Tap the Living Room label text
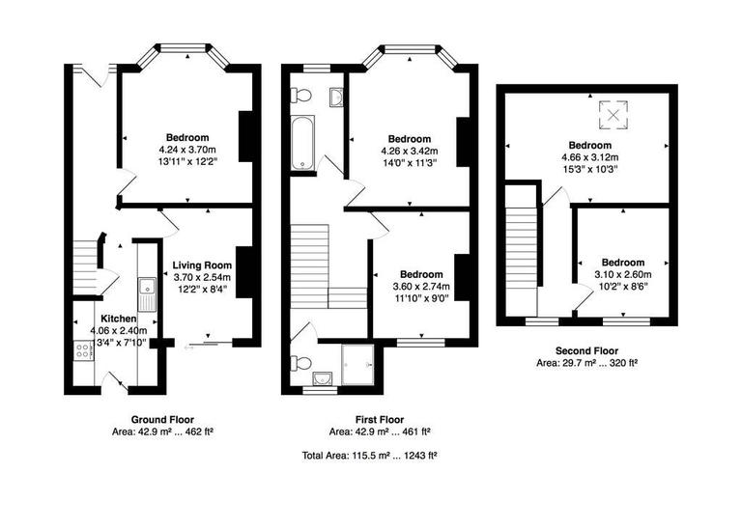202,265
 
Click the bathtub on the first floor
302,143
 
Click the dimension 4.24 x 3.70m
188,151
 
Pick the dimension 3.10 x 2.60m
623,274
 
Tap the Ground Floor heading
162,419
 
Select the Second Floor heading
587,350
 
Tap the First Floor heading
371,419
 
